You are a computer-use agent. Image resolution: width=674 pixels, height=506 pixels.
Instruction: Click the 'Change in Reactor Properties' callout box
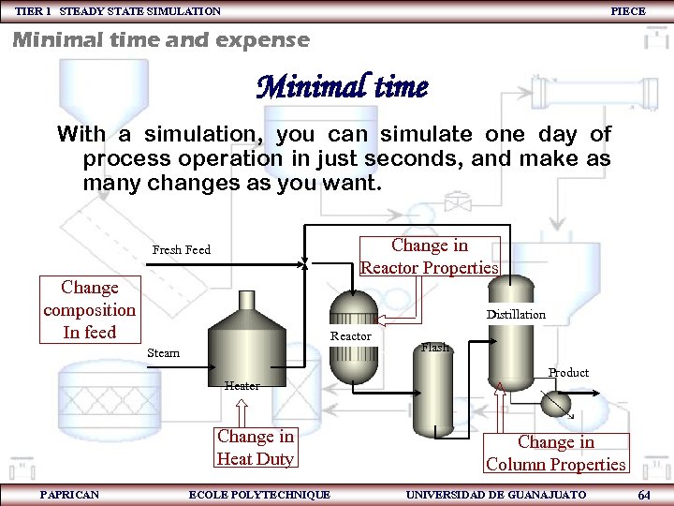click(x=430, y=257)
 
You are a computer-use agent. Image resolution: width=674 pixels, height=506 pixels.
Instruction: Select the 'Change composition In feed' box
click(x=89, y=310)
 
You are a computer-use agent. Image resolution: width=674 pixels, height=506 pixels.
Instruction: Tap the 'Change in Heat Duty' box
click(x=255, y=448)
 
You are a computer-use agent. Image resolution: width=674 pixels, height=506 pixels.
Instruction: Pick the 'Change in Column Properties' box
click(x=555, y=454)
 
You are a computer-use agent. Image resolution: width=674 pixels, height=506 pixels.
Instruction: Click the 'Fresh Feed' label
click(x=182, y=250)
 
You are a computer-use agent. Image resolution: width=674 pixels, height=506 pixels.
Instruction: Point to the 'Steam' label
click(x=164, y=353)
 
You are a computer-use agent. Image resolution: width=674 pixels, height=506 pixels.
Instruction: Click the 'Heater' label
click(x=242, y=385)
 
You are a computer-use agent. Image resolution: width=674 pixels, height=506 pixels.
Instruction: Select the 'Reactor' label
click(x=351, y=336)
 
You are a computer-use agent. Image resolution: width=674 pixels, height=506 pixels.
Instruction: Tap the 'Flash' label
click(x=435, y=348)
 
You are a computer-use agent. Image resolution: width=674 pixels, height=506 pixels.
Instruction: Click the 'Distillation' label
click(x=516, y=315)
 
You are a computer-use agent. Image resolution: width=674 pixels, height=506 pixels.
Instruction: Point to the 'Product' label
click(x=568, y=373)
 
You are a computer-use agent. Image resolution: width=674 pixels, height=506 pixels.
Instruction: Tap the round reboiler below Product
click(x=557, y=401)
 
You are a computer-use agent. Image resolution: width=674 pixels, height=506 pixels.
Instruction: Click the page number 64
click(x=643, y=494)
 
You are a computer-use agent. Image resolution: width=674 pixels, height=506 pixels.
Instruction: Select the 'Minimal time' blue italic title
click(x=343, y=88)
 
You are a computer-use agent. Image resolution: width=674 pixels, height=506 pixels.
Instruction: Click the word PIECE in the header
click(x=627, y=10)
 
